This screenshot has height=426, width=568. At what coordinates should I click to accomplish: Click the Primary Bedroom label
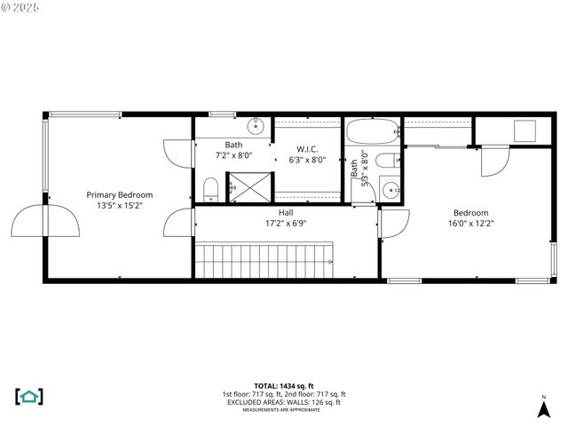coord(119,194)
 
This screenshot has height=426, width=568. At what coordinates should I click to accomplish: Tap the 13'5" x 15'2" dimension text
coord(119,205)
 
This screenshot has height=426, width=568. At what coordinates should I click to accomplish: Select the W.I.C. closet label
coord(307,149)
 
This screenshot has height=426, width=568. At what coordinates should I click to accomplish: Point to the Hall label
coord(286,213)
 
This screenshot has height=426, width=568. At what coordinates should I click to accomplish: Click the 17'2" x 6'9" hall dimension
coord(286,224)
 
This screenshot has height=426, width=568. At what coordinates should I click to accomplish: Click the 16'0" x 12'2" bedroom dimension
coord(470,224)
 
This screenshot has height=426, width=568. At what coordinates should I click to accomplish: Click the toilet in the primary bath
coord(211,189)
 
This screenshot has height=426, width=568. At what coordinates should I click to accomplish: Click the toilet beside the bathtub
coord(385,162)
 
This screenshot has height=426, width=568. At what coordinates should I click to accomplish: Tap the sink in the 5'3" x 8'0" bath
coord(390,189)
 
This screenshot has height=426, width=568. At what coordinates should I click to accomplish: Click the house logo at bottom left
coord(29,396)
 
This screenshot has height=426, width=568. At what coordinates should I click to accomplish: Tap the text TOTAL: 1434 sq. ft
coord(284,386)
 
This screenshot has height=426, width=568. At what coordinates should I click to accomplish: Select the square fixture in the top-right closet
coord(524,130)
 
